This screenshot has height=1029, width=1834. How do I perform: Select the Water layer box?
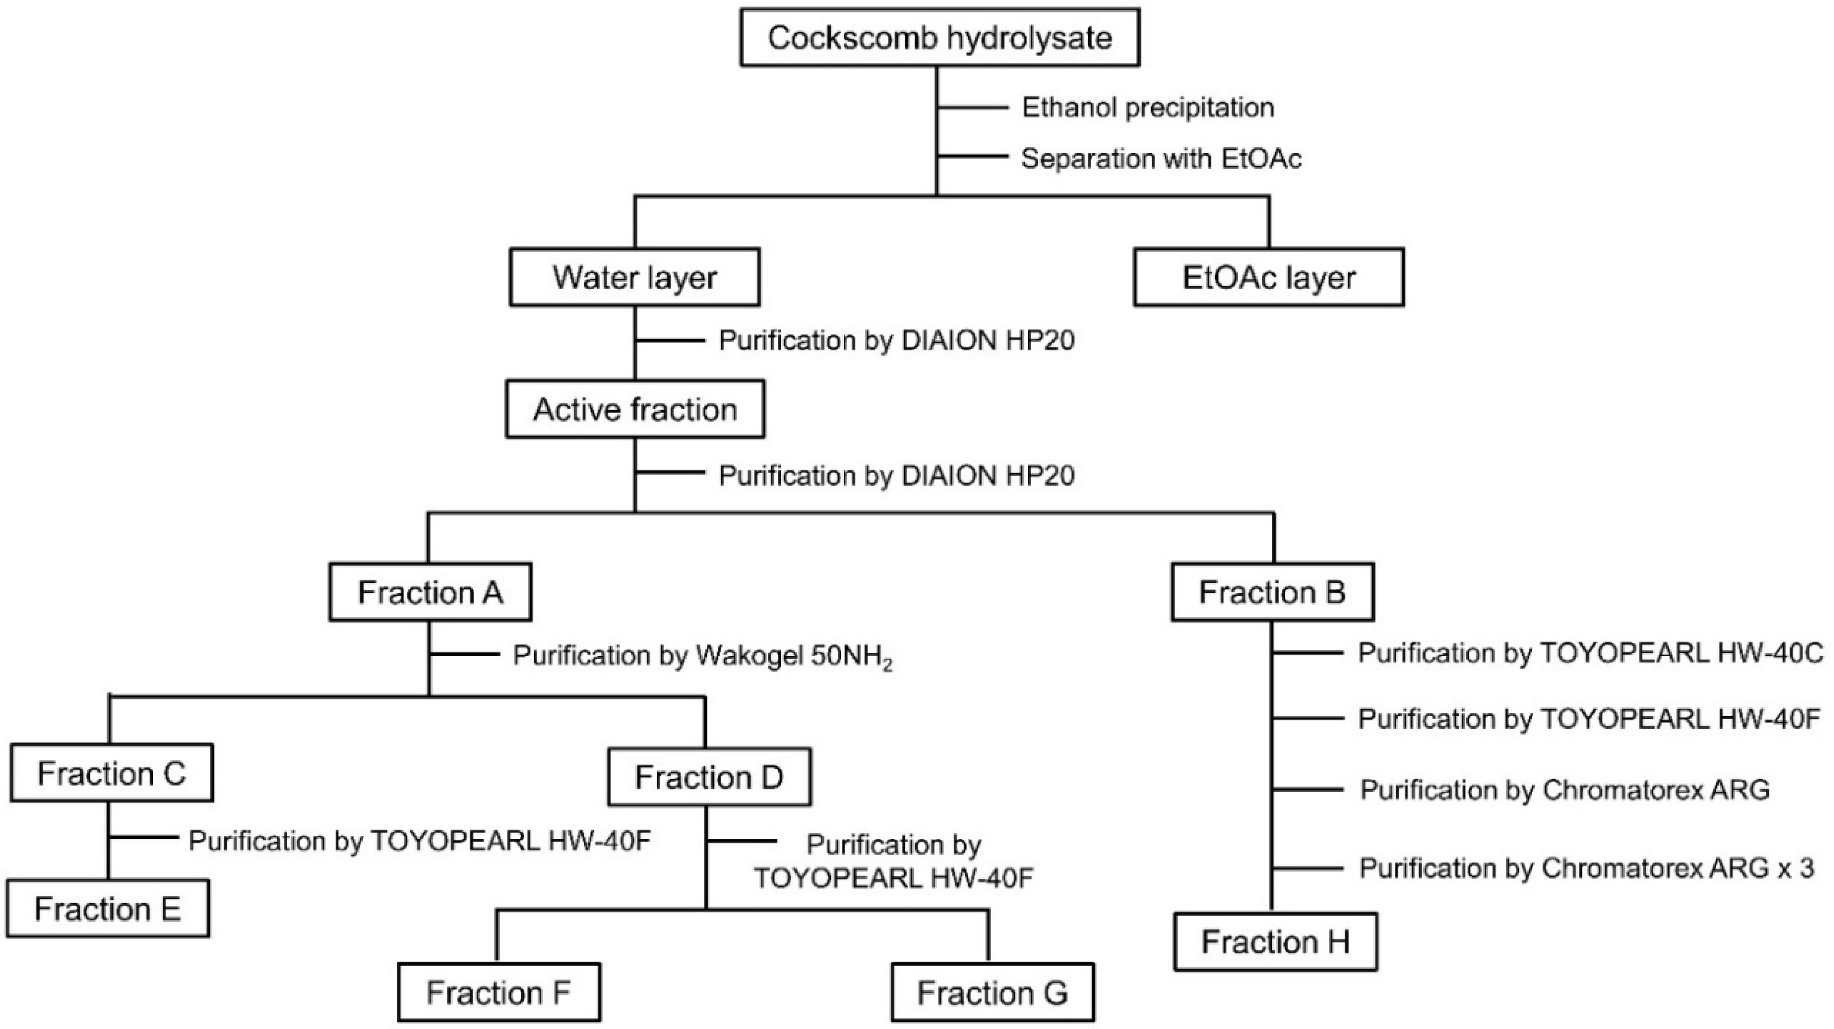point(634,277)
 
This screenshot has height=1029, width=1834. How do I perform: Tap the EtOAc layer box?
point(1268,277)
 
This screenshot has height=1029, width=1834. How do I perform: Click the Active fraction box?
point(634,409)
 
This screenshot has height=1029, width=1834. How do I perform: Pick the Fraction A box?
point(430,592)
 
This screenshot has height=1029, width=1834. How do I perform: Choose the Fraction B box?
point(1272,592)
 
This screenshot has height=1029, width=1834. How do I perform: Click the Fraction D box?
point(709,777)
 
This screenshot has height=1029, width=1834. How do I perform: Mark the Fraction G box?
point(993,993)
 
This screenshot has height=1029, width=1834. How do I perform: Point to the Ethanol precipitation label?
point(1148,108)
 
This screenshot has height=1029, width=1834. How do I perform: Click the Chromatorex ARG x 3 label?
point(1586,868)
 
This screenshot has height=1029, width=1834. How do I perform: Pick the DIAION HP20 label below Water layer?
point(896,340)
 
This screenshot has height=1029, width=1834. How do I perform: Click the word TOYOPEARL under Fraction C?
point(455,841)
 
